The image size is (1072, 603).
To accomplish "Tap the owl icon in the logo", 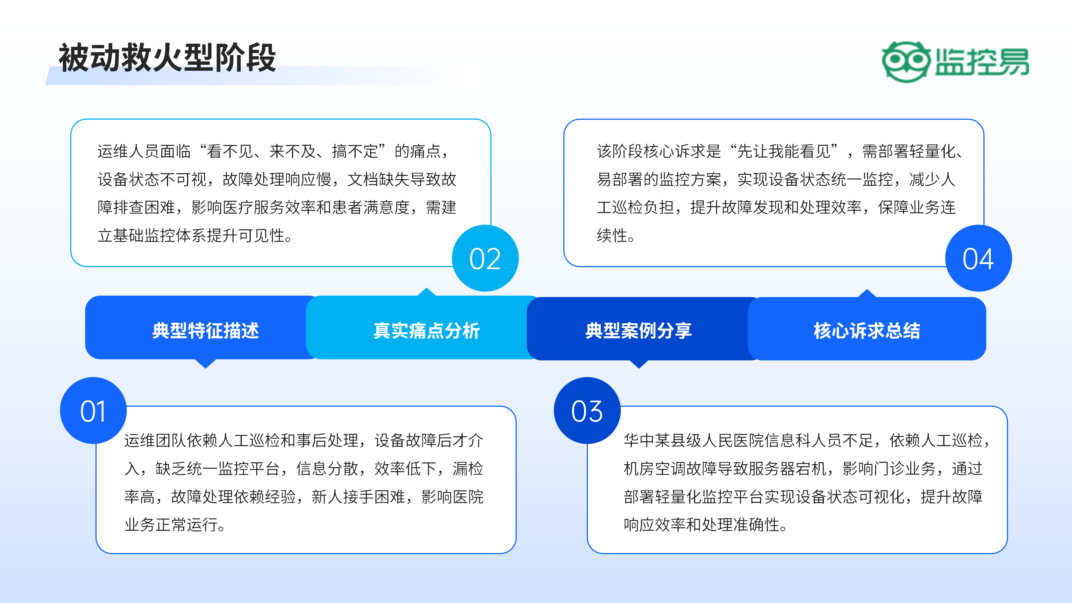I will click(906, 62).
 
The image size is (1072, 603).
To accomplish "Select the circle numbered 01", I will click(93, 411).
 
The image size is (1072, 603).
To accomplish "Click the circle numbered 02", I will click(485, 259).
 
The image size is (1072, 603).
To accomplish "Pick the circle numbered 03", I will click(587, 411).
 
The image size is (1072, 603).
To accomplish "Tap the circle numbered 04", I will click(978, 259).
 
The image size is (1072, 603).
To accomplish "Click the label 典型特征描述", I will click(205, 331).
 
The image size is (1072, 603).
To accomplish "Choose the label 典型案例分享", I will click(638, 331).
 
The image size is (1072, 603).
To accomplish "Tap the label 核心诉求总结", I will click(867, 331).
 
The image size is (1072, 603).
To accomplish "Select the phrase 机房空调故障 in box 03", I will click(670, 469).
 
